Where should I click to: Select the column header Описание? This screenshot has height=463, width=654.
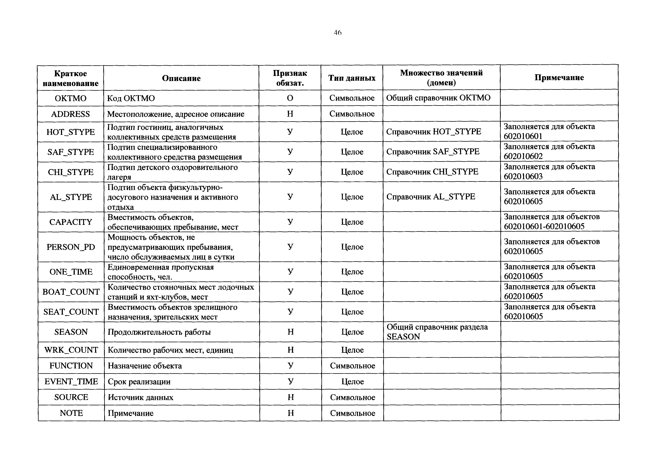point(181,78)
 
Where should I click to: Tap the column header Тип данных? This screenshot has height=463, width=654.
point(352,78)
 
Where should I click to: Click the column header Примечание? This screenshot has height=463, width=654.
point(559,78)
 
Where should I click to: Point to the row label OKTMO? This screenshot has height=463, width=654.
point(71,98)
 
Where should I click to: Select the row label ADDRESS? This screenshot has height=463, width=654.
point(71,114)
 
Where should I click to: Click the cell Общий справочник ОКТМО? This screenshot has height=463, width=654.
point(438,98)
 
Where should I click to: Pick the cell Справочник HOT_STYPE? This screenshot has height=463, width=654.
point(433,131)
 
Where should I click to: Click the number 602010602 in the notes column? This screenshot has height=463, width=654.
point(523,156)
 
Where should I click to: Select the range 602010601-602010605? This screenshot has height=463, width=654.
point(544,226)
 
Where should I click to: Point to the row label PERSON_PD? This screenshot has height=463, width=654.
point(71,247)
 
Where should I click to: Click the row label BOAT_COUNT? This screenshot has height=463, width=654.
point(71,292)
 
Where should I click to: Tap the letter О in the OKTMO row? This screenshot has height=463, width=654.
point(290,98)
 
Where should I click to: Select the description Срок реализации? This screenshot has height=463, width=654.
point(139,382)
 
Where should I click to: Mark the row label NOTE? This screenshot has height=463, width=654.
point(71,413)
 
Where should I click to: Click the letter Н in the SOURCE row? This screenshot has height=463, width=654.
point(290,397)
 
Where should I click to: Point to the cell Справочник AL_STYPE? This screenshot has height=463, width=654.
point(431,197)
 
